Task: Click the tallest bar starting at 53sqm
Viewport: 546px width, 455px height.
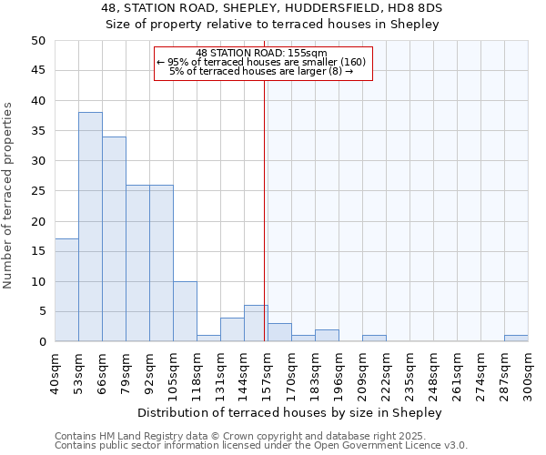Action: pyautogui.click(x=90, y=227)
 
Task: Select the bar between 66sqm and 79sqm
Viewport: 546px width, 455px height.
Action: pyautogui.click(x=114, y=238)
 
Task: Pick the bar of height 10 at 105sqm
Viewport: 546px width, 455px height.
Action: pyautogui.click(x=185, y=311)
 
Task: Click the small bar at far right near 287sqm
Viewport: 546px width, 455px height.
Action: pyautogui.click(x=516, y=339)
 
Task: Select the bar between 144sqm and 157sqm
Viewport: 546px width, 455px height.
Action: pyautogui.click(x=256, y=323)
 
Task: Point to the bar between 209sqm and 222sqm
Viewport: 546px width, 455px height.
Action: pyautogui.click(x=374, y=339)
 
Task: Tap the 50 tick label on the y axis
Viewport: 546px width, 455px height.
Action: pyautogui.click(x=37, y=41)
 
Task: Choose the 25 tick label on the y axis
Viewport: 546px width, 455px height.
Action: pyautogui.click(x=37, y=191)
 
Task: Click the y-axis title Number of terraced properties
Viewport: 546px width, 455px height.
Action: pyautogui.click(x=8, y=195)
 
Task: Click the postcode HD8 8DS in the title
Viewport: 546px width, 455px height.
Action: pyautogui.click(x=419, y=8)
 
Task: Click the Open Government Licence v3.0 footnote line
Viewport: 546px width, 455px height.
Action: pyautogui.click(x=261, y=446)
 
